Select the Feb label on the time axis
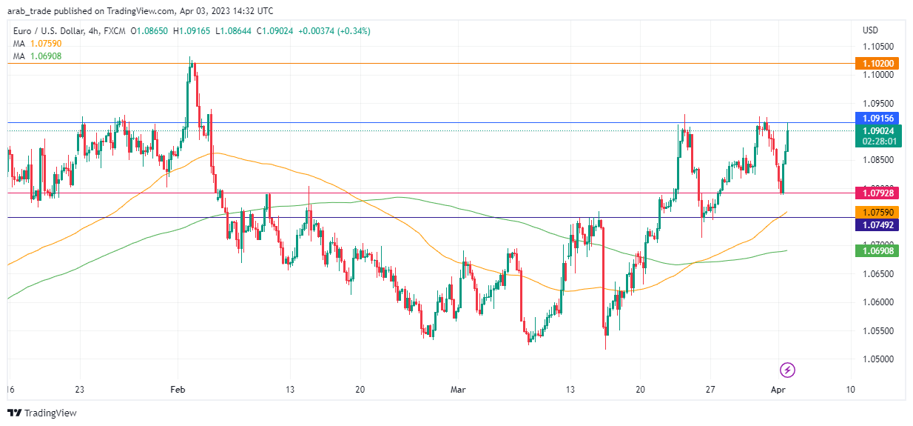coord(177,389)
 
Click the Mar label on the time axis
coord(459,389)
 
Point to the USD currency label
coord(870,30)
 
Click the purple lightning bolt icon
coord(788,370)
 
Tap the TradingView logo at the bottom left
coord(42,413)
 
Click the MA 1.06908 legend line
coord(37,56)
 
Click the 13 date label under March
coord(570,389)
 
